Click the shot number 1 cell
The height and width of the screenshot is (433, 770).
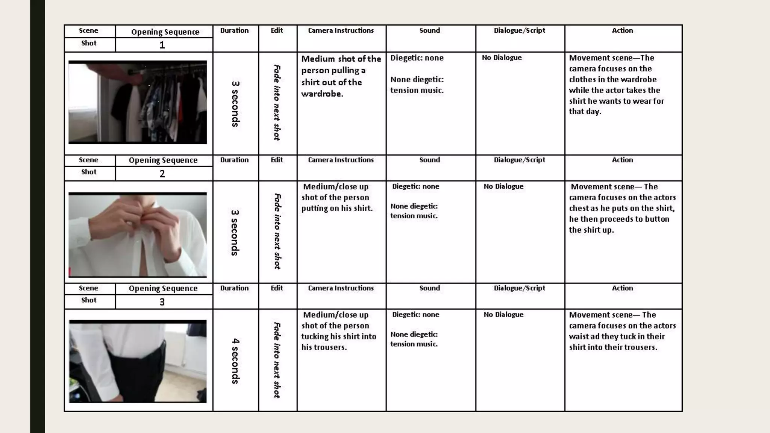(162, 45)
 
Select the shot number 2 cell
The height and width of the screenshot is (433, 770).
(162, 174)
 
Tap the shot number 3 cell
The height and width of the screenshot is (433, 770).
(162, 302)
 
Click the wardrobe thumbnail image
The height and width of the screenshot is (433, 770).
(138, 102)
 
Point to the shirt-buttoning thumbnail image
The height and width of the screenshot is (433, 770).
(138, 235)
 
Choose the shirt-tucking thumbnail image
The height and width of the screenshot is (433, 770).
(138, 362)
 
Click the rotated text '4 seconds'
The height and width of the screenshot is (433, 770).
(235, 361)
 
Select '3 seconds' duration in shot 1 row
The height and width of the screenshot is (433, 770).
(235, 104)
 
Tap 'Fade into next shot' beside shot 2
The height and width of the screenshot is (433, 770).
(277, 231)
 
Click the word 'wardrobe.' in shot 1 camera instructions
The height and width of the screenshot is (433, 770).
(322, 94)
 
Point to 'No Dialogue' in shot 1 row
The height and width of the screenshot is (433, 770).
(502, 58)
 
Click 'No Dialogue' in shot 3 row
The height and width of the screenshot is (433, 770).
(503, 315)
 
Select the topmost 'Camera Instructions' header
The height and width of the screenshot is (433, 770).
(341, 30)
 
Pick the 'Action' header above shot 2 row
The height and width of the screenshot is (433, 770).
(622, 160)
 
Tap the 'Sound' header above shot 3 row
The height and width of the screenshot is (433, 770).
(429, 288)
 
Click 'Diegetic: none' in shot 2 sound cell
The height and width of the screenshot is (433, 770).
(415, 186)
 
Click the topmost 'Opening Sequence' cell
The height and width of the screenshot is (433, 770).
(165, 32)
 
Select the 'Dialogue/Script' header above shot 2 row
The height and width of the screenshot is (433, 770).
(519, 160)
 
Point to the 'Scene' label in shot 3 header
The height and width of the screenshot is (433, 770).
(88, 288)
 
